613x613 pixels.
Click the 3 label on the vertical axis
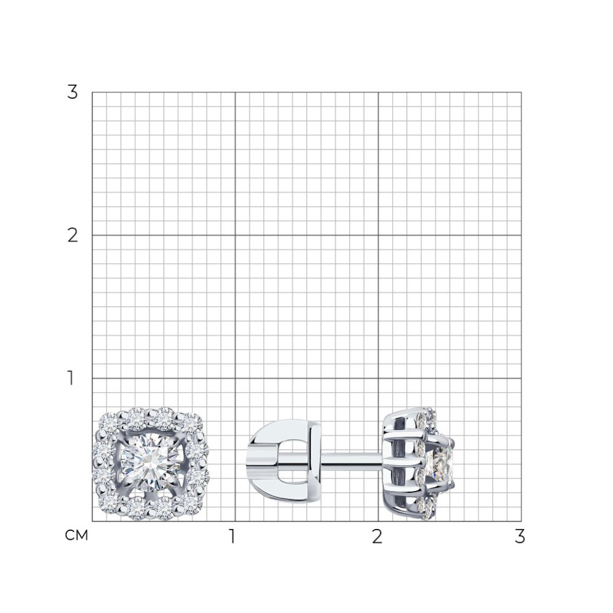pos(73,92)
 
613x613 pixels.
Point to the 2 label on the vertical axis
pos(73,235)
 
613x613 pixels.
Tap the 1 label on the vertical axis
pos(71,378)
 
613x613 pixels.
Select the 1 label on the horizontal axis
pos(233,537)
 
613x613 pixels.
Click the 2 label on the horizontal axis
pos(377,537)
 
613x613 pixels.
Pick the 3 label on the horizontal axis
pos(519,537)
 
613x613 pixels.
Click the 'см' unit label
pos(76,536)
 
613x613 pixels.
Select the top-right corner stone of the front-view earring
pos(191,422)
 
